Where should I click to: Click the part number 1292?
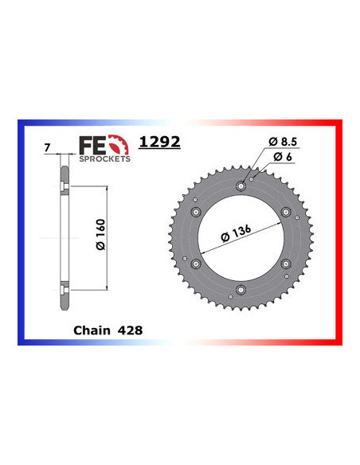[159, 143]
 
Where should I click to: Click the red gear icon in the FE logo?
[118, 145]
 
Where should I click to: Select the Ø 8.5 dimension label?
[284, 141]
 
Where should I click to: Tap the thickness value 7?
[48, 148]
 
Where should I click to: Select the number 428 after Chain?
[131, 327]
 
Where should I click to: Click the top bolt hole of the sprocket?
[241, 186]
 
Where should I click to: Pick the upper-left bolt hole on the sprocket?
[196, 211]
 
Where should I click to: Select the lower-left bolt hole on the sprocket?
[196, 263]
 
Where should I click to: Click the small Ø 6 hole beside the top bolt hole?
[252, 181]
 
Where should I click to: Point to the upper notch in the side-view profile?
[61, 187]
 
